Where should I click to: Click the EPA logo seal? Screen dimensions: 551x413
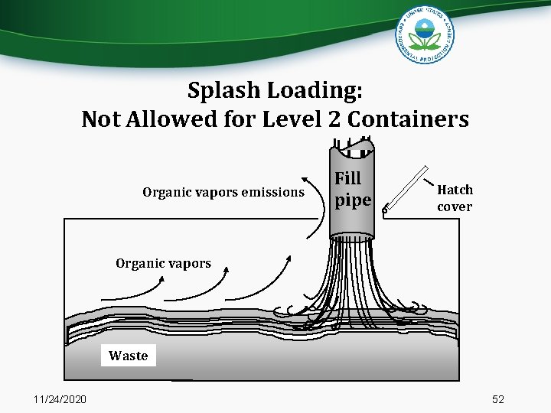coord(425,35)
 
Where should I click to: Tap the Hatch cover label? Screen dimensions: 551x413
coord(455,198)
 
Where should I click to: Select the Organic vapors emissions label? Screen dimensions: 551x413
coord(223,192)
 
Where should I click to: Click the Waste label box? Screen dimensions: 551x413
coord(129,356)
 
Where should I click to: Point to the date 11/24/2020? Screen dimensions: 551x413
coord(60,399)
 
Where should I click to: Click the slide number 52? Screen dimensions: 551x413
coord(498,399)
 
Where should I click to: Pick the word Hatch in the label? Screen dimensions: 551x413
coord(455,190)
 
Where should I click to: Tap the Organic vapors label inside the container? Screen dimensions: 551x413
coord(163,263)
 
